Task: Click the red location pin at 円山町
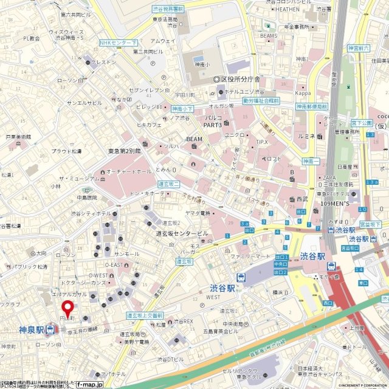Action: (x=69, y=308)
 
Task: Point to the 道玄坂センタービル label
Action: (x=182, y=233)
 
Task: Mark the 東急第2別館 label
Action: (x=124, y=151)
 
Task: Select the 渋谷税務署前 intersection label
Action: (x=168, y=10)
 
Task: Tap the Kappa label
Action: (x=302, y=93)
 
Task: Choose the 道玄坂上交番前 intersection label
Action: (x=145, y=316)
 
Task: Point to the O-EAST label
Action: (x=114, y=264)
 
